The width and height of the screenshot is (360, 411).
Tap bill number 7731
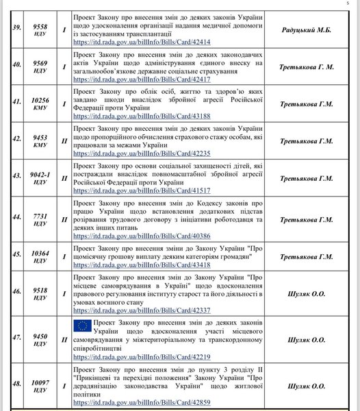(40, 216)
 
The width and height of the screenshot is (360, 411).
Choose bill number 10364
(40, 253)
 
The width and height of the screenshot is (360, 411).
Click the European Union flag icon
(83, 325)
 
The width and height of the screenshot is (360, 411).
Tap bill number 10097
(40, 384)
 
